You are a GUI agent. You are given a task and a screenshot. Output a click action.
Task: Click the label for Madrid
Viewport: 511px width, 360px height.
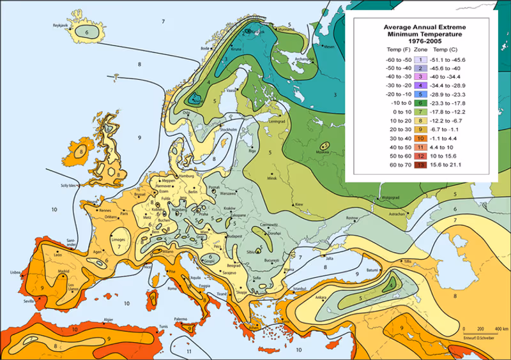(x=63, y=271)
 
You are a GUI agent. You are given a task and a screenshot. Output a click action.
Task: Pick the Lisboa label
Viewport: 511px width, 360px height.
(x=15, y=272)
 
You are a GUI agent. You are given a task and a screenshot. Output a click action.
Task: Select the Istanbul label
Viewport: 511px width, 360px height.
(x=300, y=289)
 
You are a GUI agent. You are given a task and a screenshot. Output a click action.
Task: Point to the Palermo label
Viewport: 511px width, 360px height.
(x=181, y=319)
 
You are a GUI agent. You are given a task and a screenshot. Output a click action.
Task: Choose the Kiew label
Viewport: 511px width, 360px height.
(x=298, y=204)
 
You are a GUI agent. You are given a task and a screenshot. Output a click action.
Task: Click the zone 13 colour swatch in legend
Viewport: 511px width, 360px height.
(x=421, y=165)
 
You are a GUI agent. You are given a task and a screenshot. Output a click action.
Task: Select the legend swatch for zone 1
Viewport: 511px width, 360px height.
(x=421, y=59)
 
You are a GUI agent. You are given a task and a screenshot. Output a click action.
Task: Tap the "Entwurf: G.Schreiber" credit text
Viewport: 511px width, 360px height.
(x=478, y=336)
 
